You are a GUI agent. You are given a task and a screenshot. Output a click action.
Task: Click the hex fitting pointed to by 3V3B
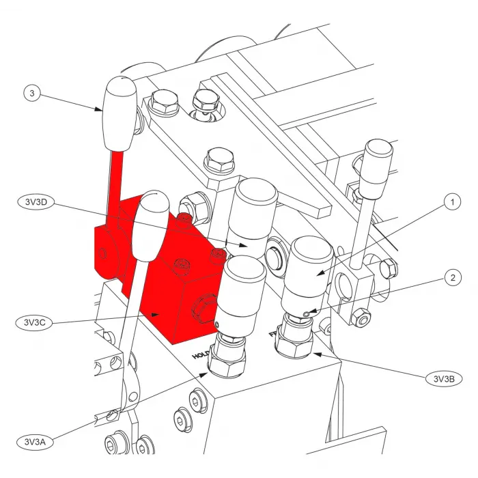pos(296,344)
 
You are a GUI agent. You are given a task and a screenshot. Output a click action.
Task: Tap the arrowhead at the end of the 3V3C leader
pos(158,314)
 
